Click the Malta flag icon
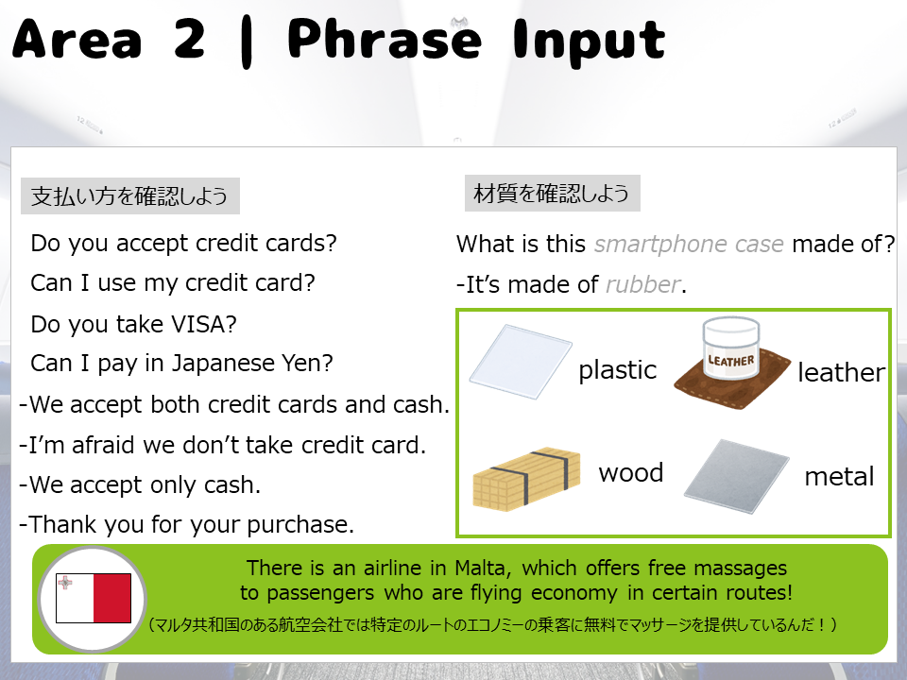coord(94,598)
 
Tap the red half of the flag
coord(112,598)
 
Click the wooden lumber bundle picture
coord(526,478)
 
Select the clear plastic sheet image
coord(521,362)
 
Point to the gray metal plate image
coord(736,476)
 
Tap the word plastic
coord(617,370)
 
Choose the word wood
coord(630,473)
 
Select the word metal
coord(839,477)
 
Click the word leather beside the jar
coord(841,372)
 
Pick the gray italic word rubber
coord(642,284)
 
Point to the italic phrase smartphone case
coord(689,245)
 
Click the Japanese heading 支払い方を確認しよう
coord(129,196)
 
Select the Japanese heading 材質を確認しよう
coord(551,193)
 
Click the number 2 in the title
coord(189,40)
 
